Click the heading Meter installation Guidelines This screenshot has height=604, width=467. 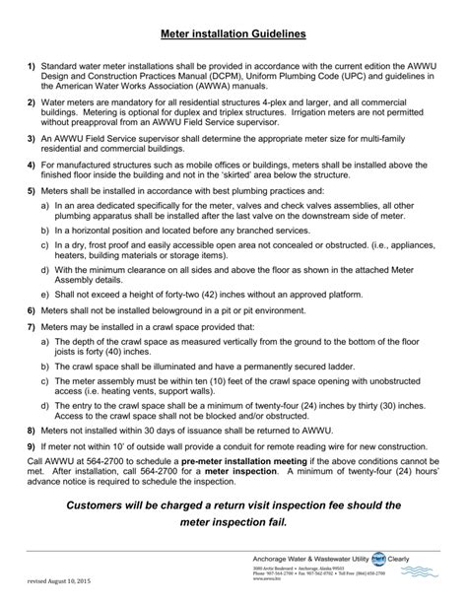pyautogui.click(x=233, y=34)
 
